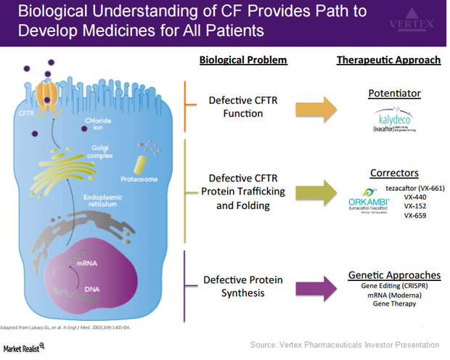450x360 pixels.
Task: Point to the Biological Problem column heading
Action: point(243,60)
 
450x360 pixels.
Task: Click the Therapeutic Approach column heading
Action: point(388,60)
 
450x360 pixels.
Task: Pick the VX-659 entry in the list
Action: point(414,216)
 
